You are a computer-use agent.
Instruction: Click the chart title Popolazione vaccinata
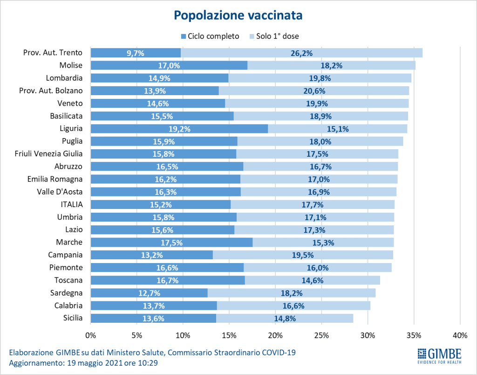[238, 15]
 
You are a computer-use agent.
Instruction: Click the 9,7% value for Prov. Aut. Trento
[136, 53]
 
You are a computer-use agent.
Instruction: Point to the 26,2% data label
[301, 53]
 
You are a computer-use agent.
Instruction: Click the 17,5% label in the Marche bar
[171, 243]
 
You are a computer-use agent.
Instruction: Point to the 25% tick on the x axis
[321, 335]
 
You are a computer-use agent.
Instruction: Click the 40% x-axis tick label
[460, 335]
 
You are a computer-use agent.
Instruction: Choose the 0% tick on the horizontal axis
[91, 335]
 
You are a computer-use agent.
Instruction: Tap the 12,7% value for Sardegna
[149, 293]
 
